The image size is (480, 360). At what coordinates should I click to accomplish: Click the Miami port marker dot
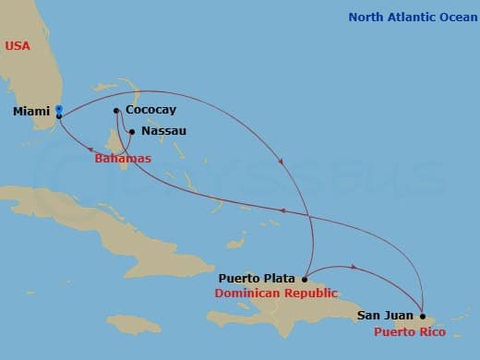tap(59, 110)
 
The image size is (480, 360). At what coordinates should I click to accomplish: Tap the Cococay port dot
tap(116, 112)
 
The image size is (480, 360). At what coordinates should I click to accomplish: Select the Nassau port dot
tap(131, 131)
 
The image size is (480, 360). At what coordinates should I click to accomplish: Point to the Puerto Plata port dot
tap(305, 278)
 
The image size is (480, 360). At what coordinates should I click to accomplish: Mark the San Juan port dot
tap(423, 316)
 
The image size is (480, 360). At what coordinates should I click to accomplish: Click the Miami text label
tap(32, 112)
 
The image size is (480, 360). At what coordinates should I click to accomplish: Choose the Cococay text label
tap(152, 111)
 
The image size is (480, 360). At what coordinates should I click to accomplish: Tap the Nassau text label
tap(164, 131)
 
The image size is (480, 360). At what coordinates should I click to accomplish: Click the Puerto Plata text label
tap(258, 278)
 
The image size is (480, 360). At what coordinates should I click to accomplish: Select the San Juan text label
tap(385, 316)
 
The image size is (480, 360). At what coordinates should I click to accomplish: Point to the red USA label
tap(18, 45)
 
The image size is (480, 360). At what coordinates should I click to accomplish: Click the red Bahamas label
tap(123, 159)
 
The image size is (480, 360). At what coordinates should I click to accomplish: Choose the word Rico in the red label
tap(432, 331)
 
